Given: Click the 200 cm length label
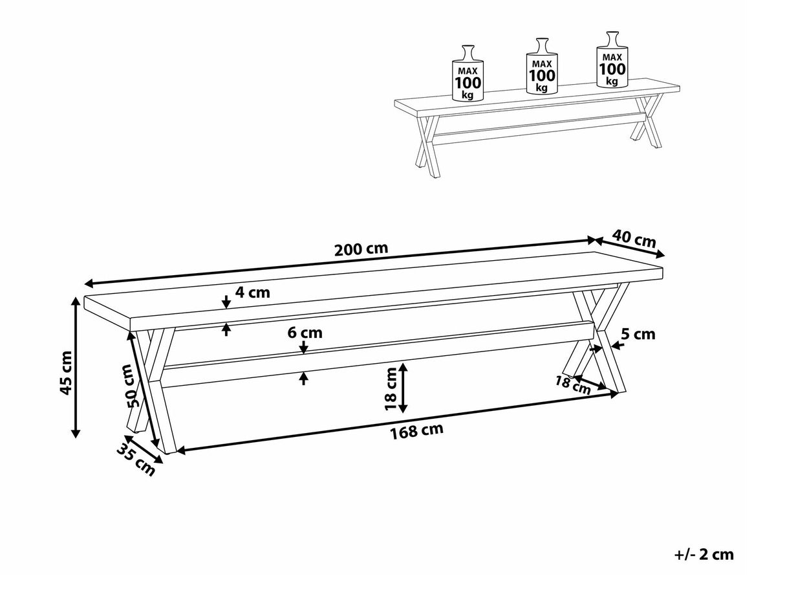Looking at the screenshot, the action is pyautogui.click(x=361, y=249).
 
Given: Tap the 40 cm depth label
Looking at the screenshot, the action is pyautogui.click(x=634, y=238).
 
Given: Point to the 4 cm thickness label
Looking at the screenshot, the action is pyautogui.click(x=252, y=293).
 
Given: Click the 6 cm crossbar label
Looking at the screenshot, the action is pyautogui.click(x=305, y=333).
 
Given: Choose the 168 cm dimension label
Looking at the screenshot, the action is pyautogui.click(x=416, y=431).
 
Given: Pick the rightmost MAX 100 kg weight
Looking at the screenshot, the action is pyautogui.click(x=612, y=60).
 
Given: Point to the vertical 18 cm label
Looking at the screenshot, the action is pyautogui.click(x=391, y=388).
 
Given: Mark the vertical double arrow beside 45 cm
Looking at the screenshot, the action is pyautogui.click(x=75, y=368).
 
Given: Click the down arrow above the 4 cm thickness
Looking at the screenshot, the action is pyautogui.click(x=226, y=302).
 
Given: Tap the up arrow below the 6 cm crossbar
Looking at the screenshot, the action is pyautogui.click(x=304, y=379).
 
